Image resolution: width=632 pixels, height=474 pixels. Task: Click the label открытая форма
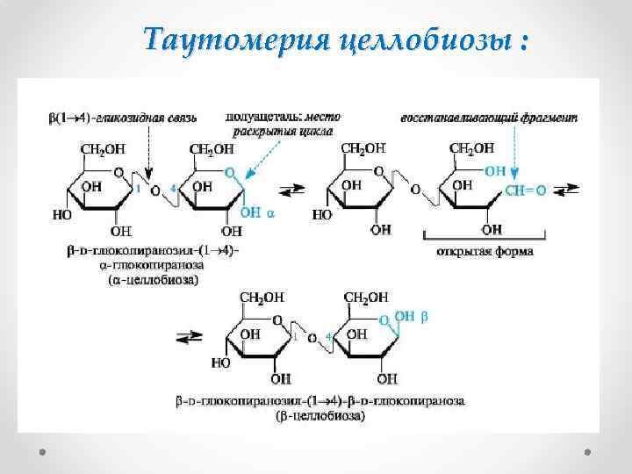coord(485,252)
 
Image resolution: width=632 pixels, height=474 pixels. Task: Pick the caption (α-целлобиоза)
coord(154,280)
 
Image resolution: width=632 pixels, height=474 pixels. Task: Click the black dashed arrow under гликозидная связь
coord(150,154)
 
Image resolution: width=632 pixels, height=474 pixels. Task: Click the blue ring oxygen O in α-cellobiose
coord(229,174)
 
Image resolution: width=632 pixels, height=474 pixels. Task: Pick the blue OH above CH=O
coord(494,170)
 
